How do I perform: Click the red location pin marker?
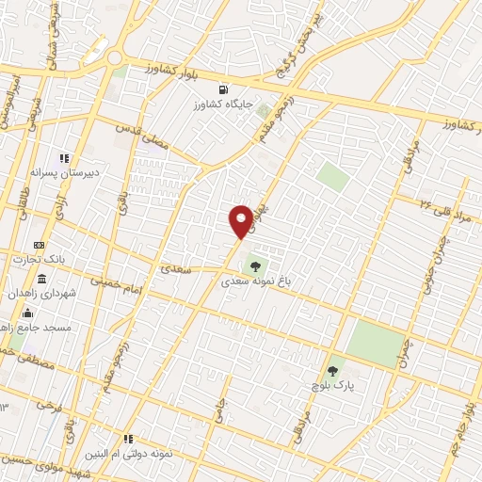[x=241, y=219]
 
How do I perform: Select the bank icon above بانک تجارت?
[x=38, y=245]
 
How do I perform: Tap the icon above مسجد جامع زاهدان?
[x=27, y=313]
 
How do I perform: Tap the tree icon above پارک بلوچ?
[x=330, y=370]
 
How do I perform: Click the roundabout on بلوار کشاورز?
[x=115, y=58]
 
